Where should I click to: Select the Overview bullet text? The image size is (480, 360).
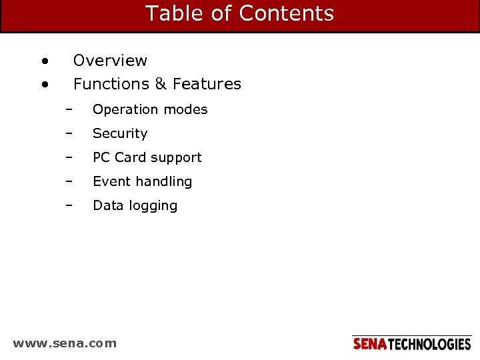[110, 61]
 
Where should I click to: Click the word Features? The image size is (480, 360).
[207, 84]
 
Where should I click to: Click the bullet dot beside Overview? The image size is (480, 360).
[44, 61]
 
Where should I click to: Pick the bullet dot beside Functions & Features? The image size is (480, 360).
[44, 85]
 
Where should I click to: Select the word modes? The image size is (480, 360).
[186, 109]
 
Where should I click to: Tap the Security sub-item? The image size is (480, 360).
[120, 133]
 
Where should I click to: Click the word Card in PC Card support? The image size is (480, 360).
[130, 157]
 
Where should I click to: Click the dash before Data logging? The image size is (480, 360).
[68, 205]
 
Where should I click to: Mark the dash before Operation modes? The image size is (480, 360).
[68, 109]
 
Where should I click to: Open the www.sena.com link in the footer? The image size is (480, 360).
[65, 343]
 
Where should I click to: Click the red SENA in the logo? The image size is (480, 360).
[369, 344]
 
